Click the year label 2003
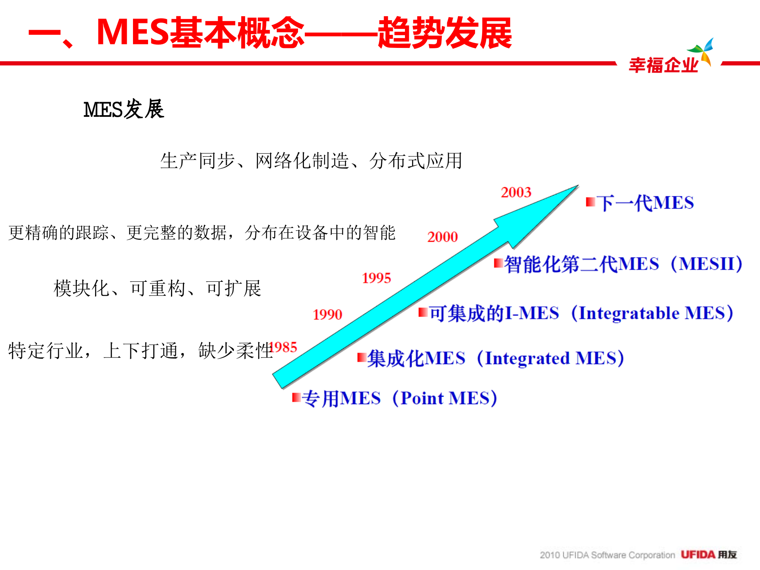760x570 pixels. pos(516,192)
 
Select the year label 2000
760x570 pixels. pos(442,237)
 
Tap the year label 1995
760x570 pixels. pos(376,278)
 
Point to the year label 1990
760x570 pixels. pos(327,315)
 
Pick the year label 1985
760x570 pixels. pos(284,348)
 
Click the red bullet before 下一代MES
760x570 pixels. pos(590,202)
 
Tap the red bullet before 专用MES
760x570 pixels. pos(296,397)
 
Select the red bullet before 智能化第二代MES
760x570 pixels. pos(498,263)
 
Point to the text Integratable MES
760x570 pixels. pos(652,313)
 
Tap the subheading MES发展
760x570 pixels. pos(123,110)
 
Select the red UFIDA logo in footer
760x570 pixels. pos(698,555)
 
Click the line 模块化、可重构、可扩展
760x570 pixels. pos(157,289)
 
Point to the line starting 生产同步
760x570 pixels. pos(311,161)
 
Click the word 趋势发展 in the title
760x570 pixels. pos(445,33)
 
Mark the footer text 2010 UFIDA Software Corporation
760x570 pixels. pos(607,555)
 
